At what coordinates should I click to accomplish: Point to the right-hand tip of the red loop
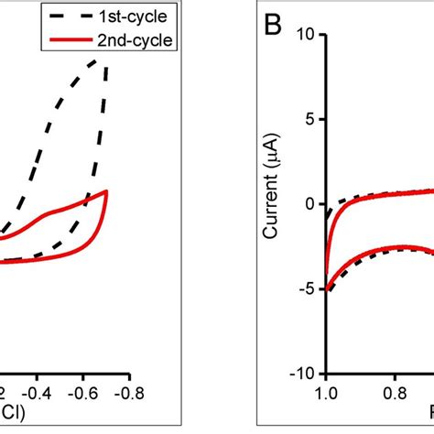click(108, 191)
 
